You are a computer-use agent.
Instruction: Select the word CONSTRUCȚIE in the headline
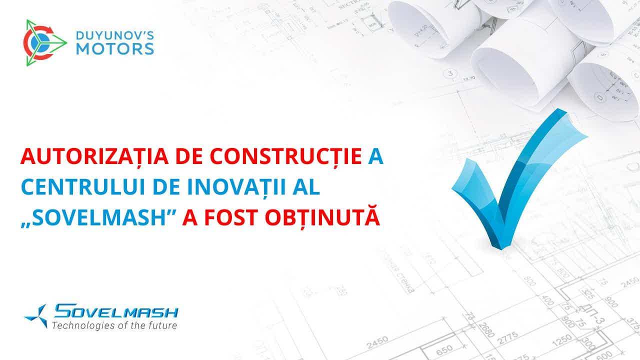286,156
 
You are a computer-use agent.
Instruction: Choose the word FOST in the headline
231,217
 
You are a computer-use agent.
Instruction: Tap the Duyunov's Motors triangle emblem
45,43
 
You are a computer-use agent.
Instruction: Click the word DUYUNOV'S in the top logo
115,35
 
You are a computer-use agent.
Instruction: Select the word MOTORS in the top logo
115,49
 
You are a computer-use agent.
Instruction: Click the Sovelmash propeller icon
37,315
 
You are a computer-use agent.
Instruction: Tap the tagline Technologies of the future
114,325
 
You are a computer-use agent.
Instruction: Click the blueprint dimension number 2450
377,342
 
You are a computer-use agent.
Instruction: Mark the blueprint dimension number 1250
562,340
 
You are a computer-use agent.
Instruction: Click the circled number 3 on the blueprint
450,73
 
